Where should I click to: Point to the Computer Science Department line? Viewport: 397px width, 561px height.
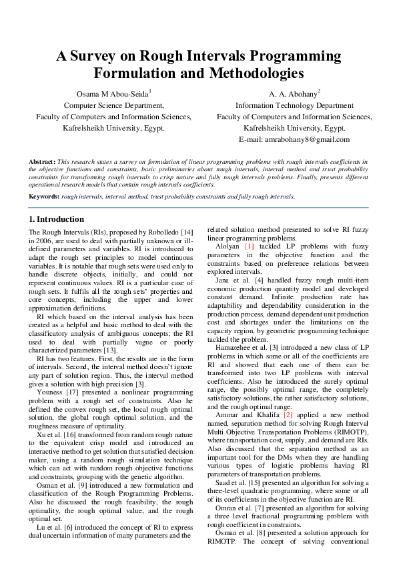113,105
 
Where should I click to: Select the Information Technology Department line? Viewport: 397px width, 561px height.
294,105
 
